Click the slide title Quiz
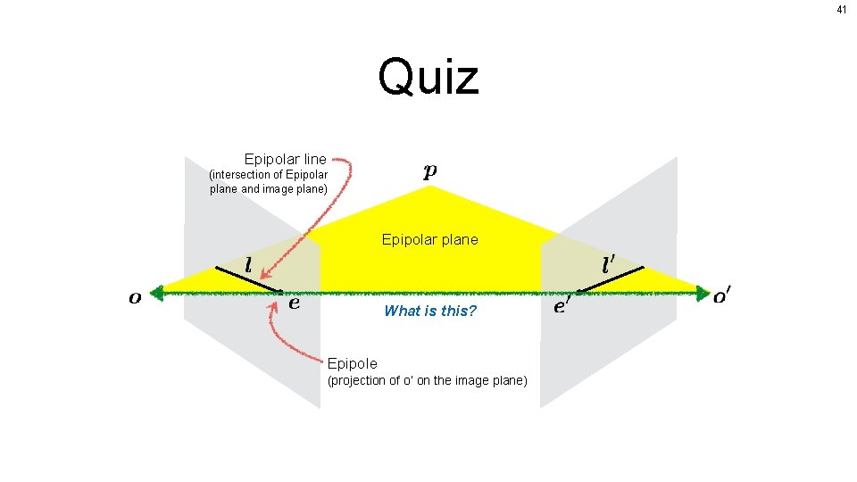pos(428,77)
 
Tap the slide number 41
pos(841,10)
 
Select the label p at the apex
pos(430,171)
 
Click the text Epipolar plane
pos(429,239)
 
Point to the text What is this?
pos(430,311)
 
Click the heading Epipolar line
pos(285,159)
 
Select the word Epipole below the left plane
pos(352,363)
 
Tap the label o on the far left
pos(135,298)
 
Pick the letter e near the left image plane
pos(295,303)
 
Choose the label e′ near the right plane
pos(562,306)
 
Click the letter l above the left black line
pos(247,265)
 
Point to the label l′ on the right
pos(609,265)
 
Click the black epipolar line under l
pos(248,278)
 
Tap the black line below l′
pos(610,278)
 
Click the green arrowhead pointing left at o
pos(159,291)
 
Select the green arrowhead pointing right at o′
pos(703,291)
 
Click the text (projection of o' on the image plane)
pos(428,381)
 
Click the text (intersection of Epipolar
pos(268,174)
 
